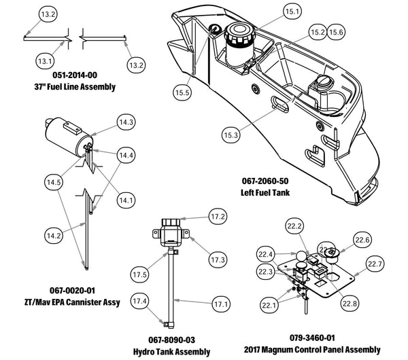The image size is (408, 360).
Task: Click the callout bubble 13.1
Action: pyautogui.click(x=46, y=61)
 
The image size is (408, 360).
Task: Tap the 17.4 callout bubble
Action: pyautogui.click(x=139, y=300)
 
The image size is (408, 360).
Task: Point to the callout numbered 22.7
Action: pyautogui.click(x=375, y=264)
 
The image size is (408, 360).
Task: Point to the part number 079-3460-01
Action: pyautogui.click(x=311, y=338)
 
